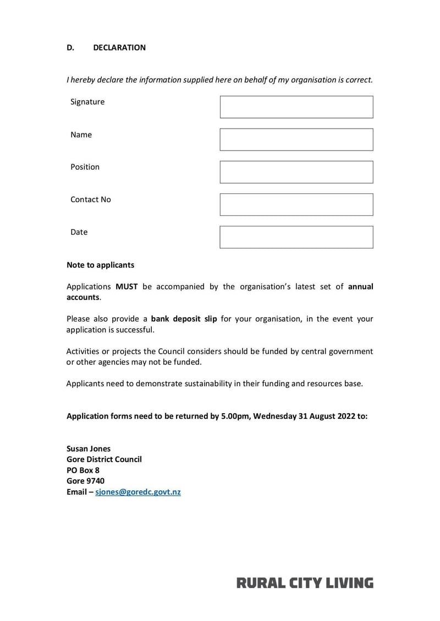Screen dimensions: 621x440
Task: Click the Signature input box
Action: coord(296,107)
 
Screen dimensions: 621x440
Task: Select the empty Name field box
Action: coord(296,140)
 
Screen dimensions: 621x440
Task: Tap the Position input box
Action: coord(296,172)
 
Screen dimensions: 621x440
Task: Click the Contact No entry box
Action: coord(296,204)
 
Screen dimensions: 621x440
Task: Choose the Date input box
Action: coord(296,237)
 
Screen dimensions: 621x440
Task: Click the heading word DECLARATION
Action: coord(119,48)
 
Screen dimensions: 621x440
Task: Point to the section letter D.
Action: coord(70,48)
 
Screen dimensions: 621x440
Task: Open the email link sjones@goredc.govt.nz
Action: coord(138,492)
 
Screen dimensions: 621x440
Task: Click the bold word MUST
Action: coord(127,286)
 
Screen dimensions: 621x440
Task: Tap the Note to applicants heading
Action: coord(100,265)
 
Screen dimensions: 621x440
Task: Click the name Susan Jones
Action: coord(89,448)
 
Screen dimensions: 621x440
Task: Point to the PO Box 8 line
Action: coord(83,470)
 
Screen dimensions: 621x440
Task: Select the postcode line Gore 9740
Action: coord(85,481)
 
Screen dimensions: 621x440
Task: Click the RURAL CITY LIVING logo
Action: coord(305,583)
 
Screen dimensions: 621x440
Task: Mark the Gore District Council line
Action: coord(104,459)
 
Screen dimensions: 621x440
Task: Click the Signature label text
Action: coord(87,102)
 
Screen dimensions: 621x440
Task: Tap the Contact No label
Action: coord(90,200)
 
